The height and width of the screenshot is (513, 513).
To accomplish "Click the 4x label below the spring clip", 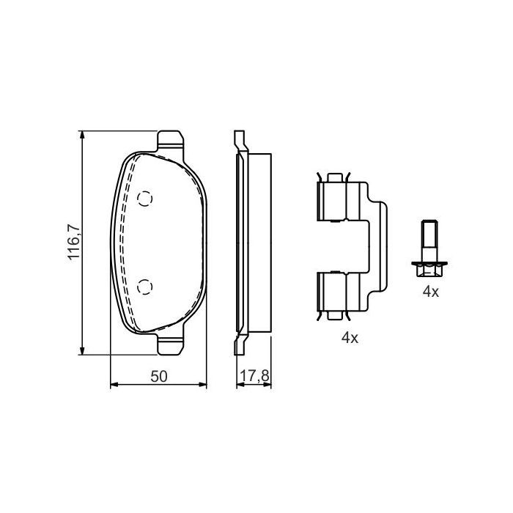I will tap(349, 338).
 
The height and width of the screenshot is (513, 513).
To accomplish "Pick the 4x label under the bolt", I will tap(429, 292).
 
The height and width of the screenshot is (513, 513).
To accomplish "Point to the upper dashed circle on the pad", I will tap(145, 198).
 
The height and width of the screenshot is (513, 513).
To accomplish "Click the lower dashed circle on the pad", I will tap(145, 286).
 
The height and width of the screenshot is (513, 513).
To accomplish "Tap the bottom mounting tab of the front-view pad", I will tap(171, 344).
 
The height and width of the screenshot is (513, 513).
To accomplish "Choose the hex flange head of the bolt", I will tap(429, 268).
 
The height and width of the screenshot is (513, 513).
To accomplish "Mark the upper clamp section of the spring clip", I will tap(334, 197).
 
